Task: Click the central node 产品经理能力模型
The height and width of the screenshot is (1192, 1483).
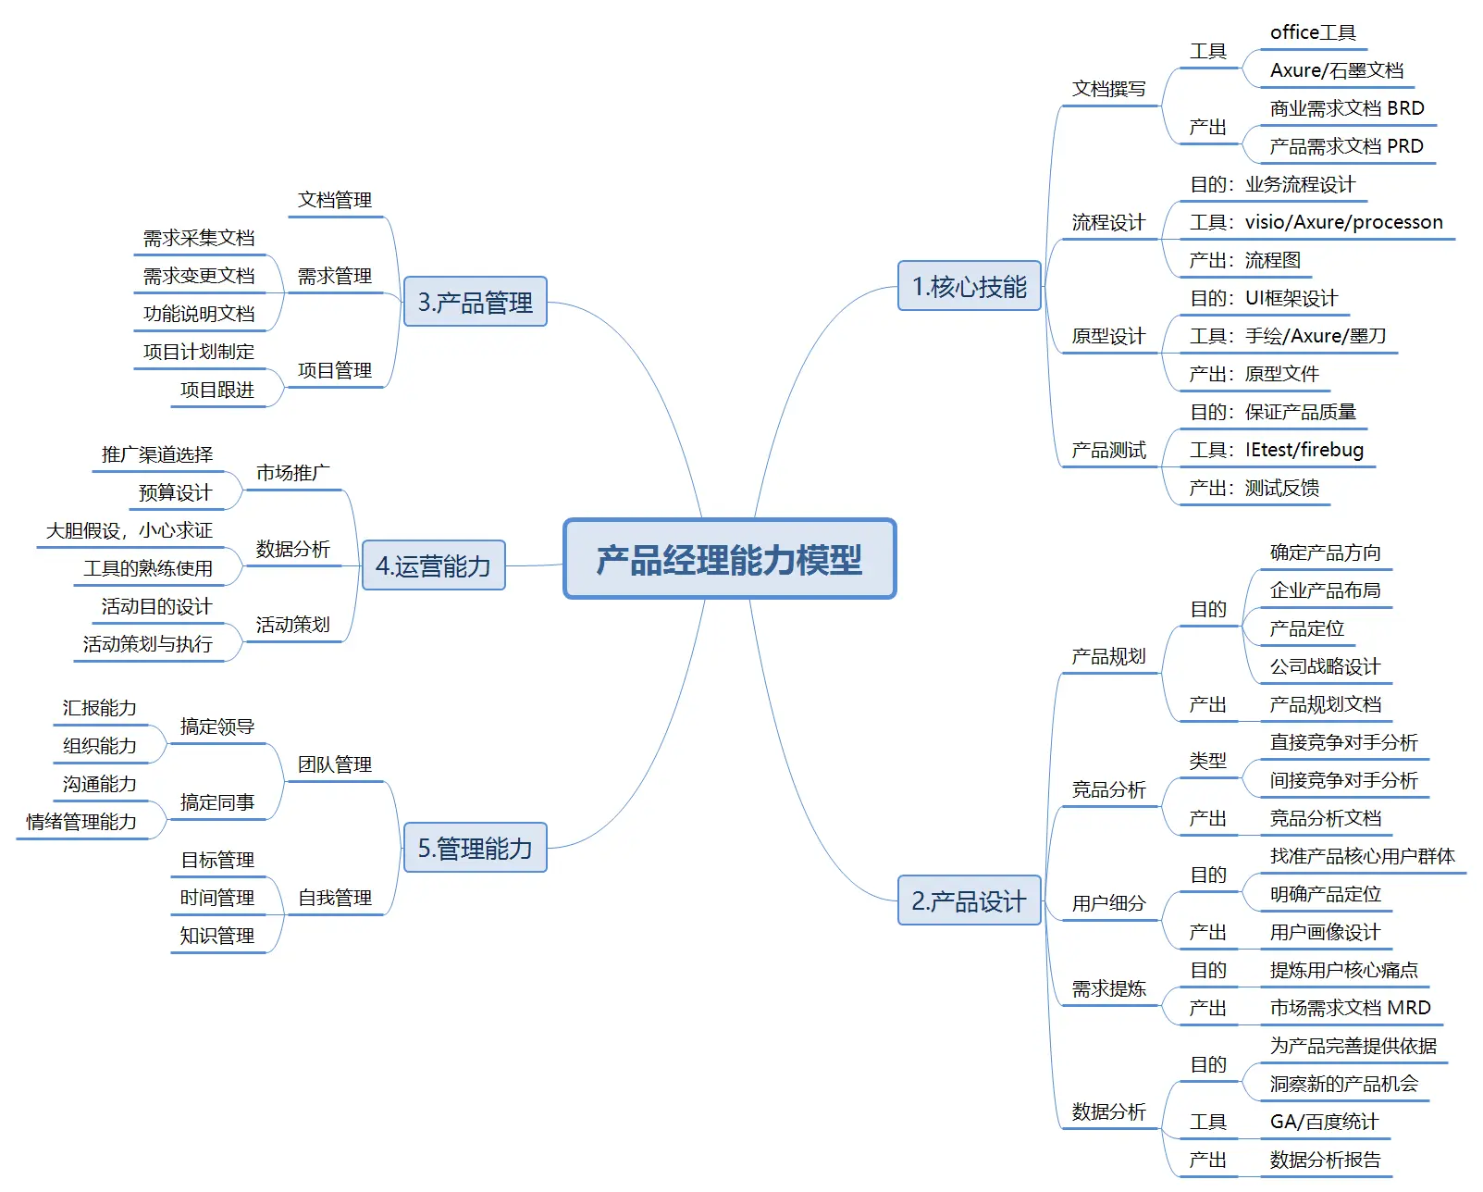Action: click(729, 559)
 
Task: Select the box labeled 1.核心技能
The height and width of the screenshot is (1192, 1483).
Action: click(969, 286)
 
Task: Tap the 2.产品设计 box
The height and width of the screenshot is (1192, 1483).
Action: click(969, 900)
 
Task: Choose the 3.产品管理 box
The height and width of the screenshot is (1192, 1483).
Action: click(475, 302)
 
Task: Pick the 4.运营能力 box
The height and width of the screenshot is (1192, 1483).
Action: click(433, 565)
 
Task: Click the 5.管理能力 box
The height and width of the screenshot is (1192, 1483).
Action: click(475, 848)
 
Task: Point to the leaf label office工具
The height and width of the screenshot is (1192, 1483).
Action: click(1313, 32)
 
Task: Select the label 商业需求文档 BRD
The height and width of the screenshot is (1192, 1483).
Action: click(1346, 108)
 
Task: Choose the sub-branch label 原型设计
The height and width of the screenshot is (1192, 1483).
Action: click(1108, 336)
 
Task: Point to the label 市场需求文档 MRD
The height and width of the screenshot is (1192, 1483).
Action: click(1350, 1008)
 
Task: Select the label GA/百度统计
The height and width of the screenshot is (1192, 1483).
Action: click(1324, 1122)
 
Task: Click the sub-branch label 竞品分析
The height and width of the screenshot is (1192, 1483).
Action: click(1108, 789)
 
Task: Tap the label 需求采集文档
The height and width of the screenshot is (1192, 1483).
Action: click(199, 238)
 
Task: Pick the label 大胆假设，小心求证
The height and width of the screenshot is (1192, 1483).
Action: click(130, 530)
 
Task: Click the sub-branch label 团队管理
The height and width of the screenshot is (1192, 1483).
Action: click(334, 764)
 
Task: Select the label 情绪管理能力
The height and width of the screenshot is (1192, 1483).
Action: click(81, 822)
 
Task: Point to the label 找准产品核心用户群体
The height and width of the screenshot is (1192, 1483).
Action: click(1362, 856)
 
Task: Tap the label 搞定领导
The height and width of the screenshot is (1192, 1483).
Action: click(217, 726)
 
